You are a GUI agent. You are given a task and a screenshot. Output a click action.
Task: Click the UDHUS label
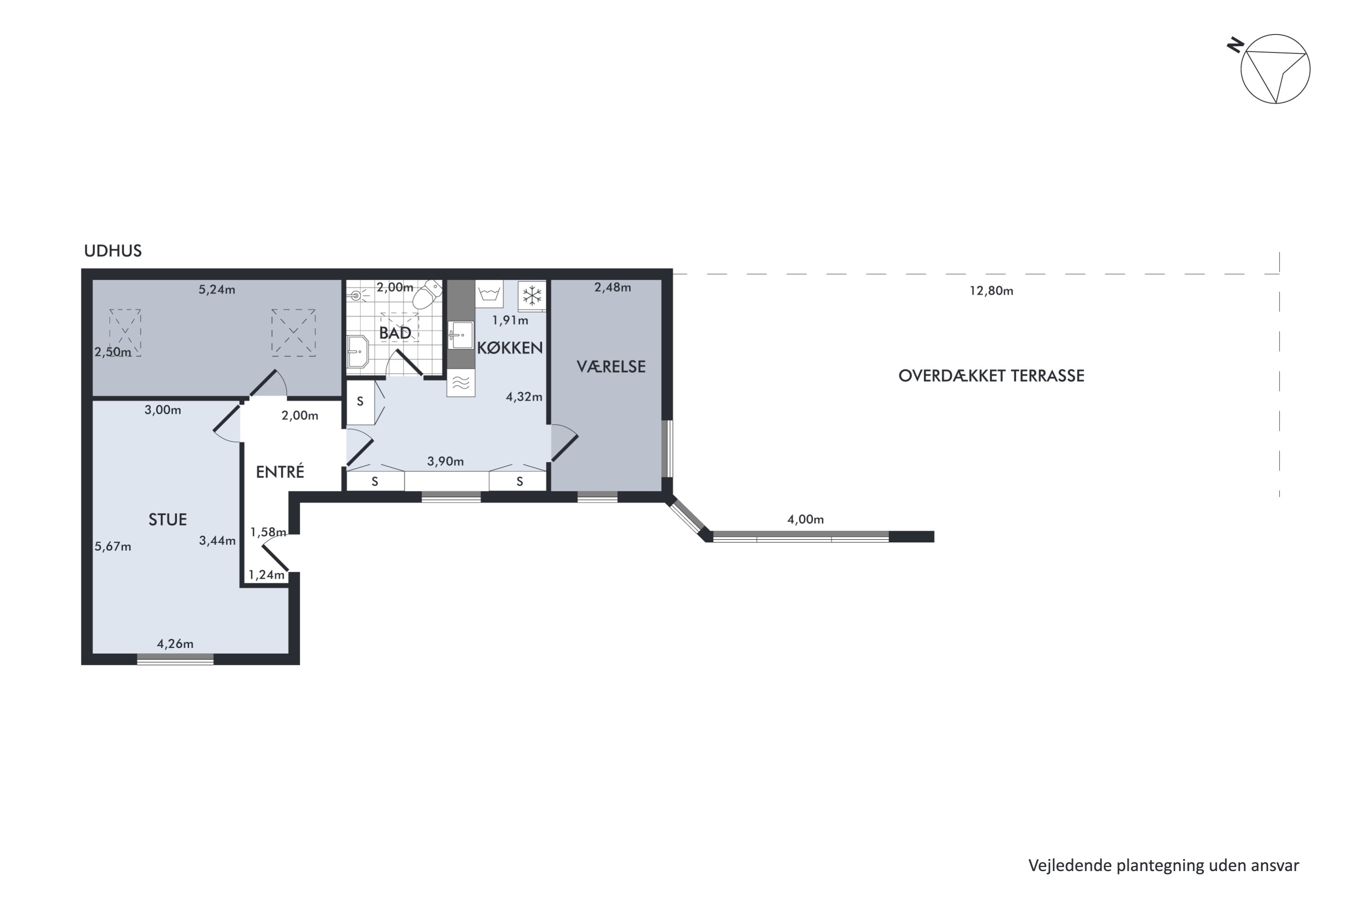(x=113, y=251)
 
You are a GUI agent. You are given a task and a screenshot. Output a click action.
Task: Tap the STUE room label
(x=167, y=519)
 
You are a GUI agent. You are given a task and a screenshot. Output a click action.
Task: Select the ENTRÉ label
(x=279, y=472)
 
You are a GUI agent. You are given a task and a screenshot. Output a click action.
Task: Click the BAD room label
(x=395, y=333)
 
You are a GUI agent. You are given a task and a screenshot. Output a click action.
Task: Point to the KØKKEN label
(x=510, y=348)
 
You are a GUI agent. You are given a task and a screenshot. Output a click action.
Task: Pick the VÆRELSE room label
(x=611, y=366)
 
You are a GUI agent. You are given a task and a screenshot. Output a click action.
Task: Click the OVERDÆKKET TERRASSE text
(x=991, y=376)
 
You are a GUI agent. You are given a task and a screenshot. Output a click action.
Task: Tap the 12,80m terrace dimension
(x=991, y=291)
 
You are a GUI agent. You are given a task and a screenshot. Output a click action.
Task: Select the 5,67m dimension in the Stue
(x=113, y=547)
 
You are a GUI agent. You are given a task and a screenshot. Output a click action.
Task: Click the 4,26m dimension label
(x=175, y=644)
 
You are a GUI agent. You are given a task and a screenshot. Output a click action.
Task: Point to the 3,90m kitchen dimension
(x=445, y=462)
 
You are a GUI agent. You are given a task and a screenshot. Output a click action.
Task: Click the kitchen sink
(x=461, y=335)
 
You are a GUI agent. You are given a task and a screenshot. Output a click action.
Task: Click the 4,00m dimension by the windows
(x=805, y=519)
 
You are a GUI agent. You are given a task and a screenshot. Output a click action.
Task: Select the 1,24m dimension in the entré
(x=266, y=574)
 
